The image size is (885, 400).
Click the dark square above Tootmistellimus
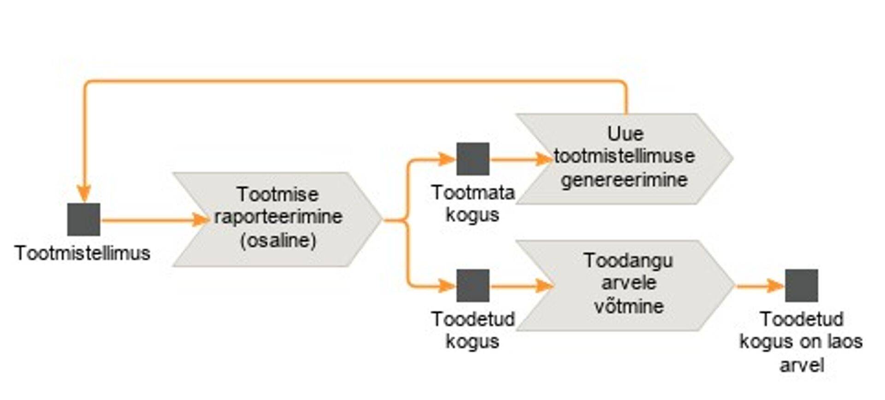[x=83, y=219]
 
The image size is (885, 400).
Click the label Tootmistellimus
[x=83, y=253]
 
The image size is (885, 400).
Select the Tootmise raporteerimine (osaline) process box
[x=277, y=219]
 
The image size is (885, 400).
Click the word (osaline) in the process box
[x=278, y=241]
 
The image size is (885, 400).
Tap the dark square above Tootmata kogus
[x=472, y=159]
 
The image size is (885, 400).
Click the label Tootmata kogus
[x=472, y=204]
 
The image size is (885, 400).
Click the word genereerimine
[x=624, y=180]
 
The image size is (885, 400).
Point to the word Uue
[x=625, y=134]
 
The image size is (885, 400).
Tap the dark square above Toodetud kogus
[x=472, y=286]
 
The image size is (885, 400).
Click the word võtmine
[x=629, y=306]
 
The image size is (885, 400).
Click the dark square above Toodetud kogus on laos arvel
[x=801, y=286]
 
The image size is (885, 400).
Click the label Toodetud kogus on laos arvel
[x=801, y=342]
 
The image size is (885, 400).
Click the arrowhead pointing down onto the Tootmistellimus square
[x=83, y=193]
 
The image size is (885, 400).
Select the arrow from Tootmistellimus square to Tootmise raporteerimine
[x=152, y=220]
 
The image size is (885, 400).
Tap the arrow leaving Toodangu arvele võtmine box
[x=760, y=286]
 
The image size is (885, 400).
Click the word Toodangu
[x=628, y=261]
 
